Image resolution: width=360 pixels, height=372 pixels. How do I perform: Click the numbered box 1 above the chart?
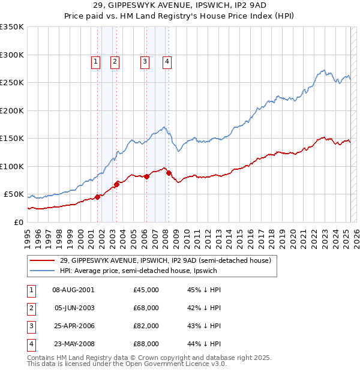(95, 61)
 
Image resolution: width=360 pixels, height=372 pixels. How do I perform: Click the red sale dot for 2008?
(169, 173)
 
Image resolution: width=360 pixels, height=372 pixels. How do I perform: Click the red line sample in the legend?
(43, 260)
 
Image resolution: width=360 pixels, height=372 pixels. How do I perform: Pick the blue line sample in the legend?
(43, 271)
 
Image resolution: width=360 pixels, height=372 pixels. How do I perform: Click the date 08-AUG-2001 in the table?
(74, 290)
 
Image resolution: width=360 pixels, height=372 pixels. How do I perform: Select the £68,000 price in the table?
(146, 308)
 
